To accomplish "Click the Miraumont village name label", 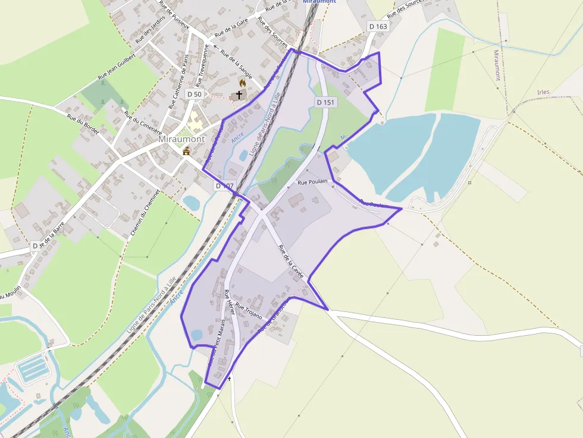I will coord(181,139).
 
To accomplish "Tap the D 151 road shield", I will coord(325,102).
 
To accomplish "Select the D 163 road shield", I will coord(378,26).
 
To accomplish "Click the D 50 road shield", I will coord(194,94).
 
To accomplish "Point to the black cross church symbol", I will coord(239,94).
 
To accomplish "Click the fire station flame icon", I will coord(242,83).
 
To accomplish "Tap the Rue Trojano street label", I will coord(249,311).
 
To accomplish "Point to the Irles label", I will coord(543,92).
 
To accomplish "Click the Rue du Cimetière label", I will coord(143,121).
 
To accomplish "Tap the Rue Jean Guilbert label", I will coord(117,66).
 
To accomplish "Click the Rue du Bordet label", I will coord(83,124).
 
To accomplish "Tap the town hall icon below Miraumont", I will coord(187,151).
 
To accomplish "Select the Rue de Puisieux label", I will coord(174,15).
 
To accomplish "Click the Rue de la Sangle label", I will coord(236,64).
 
